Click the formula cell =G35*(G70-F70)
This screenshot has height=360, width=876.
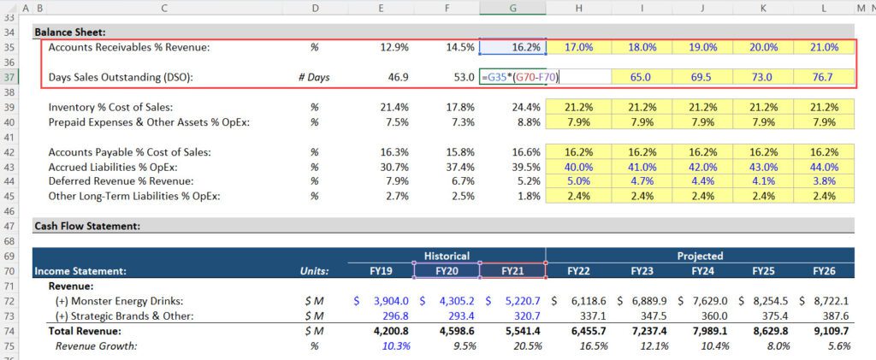click(x=523, y=78)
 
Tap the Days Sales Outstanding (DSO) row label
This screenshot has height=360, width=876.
click(x=121, y=78)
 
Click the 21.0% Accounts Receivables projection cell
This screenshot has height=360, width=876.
click(x=823, y=48)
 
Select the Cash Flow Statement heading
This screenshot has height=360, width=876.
click(x=86, y=227)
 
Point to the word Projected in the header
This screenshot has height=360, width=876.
click(x=699, y=256)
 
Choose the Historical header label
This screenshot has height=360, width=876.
click(x=447, y=256)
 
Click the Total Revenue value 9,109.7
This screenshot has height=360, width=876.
click(x=823, y=331)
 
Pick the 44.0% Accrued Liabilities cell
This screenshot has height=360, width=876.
click(x=823, y=167)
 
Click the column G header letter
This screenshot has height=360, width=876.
click(x=512, y=8)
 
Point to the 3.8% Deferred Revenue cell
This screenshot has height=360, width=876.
click(x=825, y=181)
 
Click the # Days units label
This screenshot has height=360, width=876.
click(x=314, y=78)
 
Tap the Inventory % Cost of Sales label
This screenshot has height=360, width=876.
click(x=110, y=107)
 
